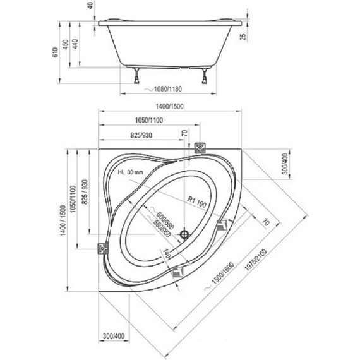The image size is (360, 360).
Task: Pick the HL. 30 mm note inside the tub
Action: (131, 172)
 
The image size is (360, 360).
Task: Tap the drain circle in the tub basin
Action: (184, 234)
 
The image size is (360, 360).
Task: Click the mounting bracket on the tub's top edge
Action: (200, 148)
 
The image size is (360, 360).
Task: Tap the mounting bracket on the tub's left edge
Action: (100, 249)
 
